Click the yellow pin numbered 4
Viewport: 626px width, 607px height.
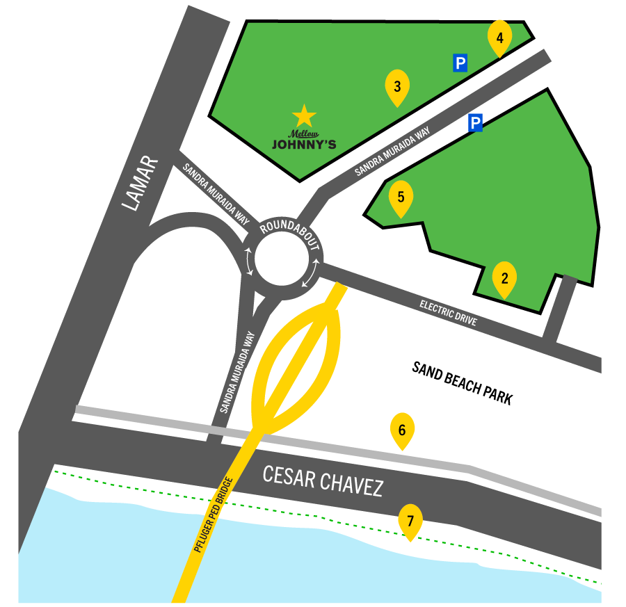pos(499,37)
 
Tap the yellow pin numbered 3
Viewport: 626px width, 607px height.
pos(397,87)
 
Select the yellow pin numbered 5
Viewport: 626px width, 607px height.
pos(401,197)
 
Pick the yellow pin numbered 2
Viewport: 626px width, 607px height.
pos(504,279)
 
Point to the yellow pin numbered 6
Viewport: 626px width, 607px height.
pos(402,430)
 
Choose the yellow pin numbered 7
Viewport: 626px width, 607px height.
pos(410,521)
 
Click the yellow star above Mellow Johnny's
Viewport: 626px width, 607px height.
pos(304,116)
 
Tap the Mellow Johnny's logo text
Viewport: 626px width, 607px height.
pos(304,141)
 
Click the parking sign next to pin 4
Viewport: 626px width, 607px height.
pos(460,63)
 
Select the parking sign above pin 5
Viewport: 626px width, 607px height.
pos(475,123)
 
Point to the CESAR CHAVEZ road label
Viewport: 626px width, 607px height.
pos(323,480)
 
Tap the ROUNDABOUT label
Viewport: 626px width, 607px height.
pos(289,234)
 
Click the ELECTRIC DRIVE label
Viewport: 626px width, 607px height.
pos(449,312)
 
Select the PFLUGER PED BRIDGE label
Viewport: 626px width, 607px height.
pos(212,515)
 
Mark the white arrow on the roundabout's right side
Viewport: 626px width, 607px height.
pos(311,273)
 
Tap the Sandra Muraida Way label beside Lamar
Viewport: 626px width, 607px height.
pos(216,193)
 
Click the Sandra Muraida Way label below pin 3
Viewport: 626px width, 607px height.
pos(392,151)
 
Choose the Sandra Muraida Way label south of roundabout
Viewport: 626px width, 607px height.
pos(238,372)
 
